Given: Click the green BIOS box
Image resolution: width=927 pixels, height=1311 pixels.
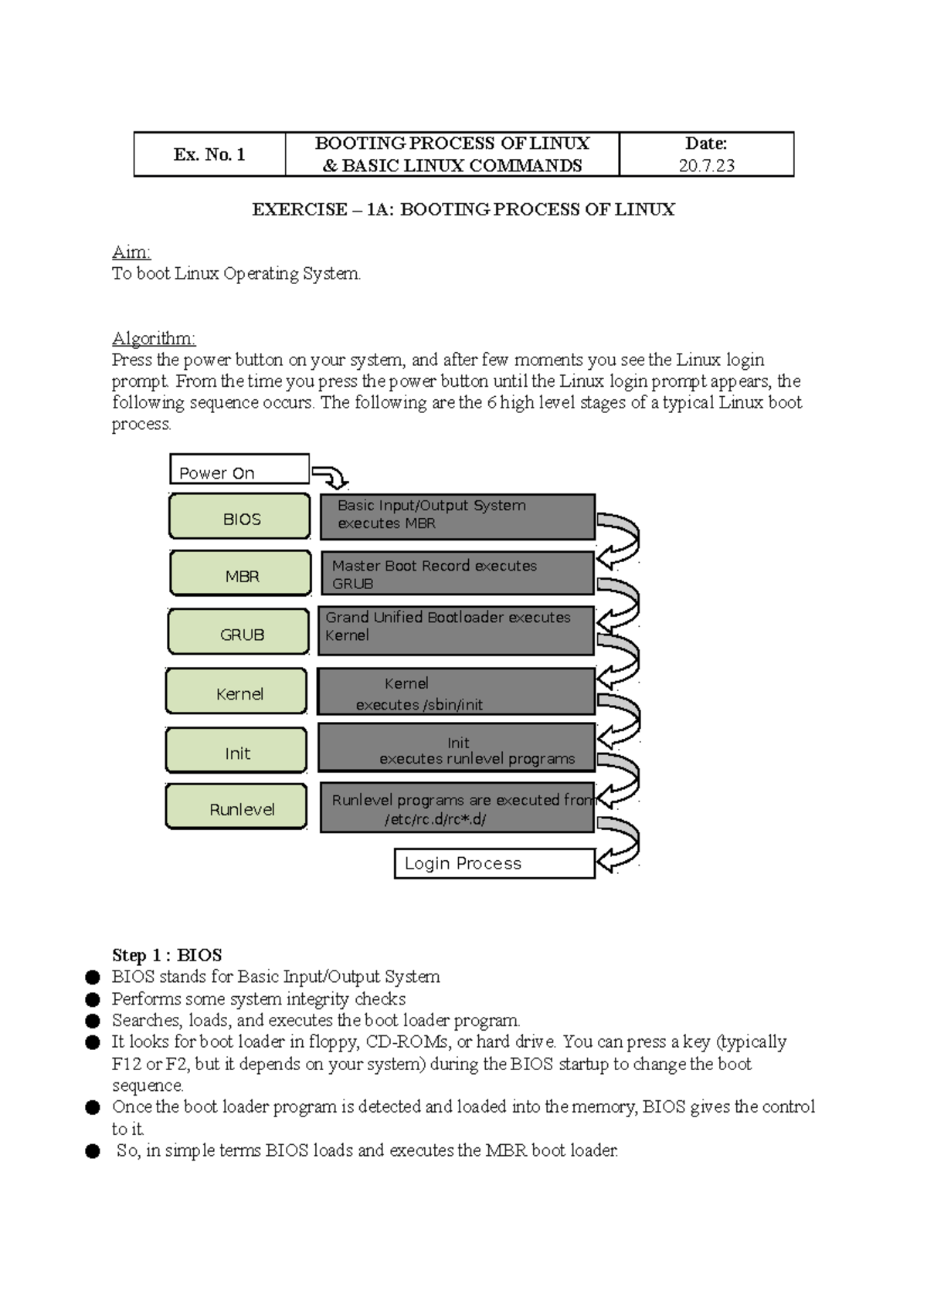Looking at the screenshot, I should coord(239,516).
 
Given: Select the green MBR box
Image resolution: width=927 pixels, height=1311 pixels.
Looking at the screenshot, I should coord(240,573).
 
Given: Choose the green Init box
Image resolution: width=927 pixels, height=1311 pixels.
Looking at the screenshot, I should coord(236,750).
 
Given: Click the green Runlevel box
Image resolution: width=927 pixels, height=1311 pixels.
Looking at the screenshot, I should coord(236,806).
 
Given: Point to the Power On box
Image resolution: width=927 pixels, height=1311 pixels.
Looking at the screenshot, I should coord(239,469).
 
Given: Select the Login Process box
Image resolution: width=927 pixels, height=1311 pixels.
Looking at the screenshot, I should coord(494,863).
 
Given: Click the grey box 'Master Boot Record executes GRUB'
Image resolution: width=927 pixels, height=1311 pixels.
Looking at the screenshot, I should coord(457,574).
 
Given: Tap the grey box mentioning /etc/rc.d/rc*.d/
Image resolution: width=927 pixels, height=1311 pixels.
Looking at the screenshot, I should coord(457,808).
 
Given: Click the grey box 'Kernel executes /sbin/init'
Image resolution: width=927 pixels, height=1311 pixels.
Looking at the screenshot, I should coord(456,693).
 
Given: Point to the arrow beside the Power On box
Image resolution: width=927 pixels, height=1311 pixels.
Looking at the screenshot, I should coord(331,476).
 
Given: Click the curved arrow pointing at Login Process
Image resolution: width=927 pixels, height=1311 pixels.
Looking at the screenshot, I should coord(620,846).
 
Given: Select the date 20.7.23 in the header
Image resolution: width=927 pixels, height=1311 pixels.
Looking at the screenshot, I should coord(706,165).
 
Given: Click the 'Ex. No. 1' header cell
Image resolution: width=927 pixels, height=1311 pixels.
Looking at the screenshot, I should coord(209,154).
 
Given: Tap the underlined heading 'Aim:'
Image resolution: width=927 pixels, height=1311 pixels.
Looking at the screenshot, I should coord(131,252).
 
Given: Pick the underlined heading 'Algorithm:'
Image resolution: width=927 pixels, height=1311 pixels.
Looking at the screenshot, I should coord(154,338).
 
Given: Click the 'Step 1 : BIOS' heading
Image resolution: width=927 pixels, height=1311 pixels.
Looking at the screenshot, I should coord(167,955).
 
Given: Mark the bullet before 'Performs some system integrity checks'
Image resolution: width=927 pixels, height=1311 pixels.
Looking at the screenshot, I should coord(93,999).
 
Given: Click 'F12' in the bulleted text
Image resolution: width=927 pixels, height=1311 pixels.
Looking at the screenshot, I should coord(127,1064).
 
